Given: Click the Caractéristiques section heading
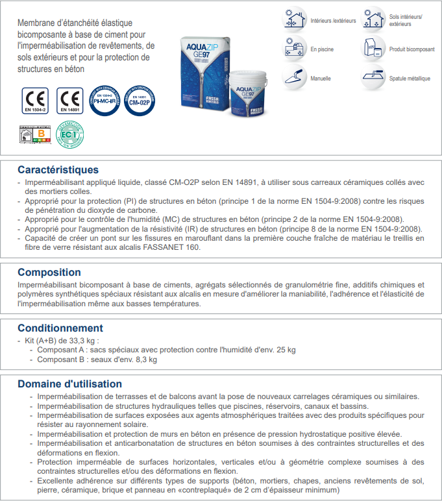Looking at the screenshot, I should point(58,170).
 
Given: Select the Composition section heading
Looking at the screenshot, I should point(49,273).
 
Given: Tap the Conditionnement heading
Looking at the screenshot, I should point(60,328).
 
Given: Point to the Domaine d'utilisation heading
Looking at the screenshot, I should point(69,384).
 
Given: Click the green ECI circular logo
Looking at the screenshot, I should point(70,135).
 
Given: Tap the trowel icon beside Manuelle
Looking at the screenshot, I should point(295,77).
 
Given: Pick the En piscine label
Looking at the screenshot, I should point(323,49).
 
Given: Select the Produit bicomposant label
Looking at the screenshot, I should point(411,49).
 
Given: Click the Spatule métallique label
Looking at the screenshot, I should point(409,79).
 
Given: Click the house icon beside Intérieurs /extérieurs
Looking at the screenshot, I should point(295,19).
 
